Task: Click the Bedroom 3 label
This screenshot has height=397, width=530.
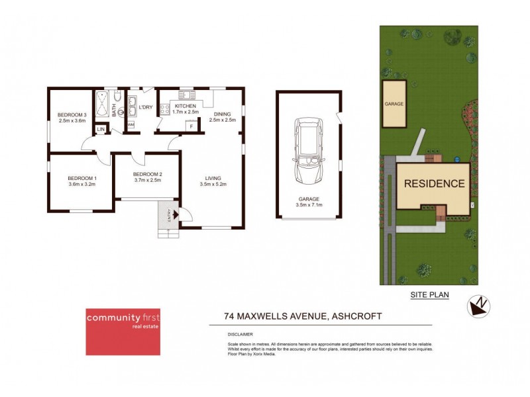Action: click(x=72, y=114)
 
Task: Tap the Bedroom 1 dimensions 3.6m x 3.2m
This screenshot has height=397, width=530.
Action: click(x=81, y=185)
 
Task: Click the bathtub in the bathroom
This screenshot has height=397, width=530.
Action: click(x=103, y=105)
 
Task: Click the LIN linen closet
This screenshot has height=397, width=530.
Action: click(x=101, y=129)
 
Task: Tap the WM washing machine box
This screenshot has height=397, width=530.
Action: click(x=131, y=124)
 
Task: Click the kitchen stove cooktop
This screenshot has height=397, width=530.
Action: click(x=162, y=108)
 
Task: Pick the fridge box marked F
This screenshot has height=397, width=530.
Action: click(x=192, y=126)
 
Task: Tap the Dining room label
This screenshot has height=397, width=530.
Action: click(x=223, y=114)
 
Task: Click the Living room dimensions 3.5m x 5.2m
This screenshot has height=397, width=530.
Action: click(x=213, y=185)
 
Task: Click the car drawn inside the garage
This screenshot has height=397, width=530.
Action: click(x=309, y=152)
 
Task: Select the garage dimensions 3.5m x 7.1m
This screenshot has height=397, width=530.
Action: click(x=309, y=205)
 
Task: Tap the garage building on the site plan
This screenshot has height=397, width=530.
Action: click(x=394, y=105)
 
